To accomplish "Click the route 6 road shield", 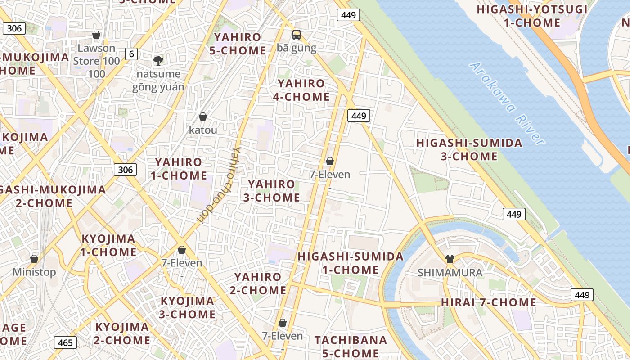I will [x=131, y=54].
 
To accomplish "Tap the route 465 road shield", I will [x=65, y=342].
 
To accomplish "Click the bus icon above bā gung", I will [x=297, y=34].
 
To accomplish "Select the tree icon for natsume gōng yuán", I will [x=158, y=60].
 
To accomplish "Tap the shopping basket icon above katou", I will [x=203, y=117].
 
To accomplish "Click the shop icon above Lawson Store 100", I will [x=96, y=35].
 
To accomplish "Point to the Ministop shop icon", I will [x=34, y=259].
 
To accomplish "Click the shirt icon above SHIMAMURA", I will [x=450, y=259].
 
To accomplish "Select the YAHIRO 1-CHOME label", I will [x=179, y=169].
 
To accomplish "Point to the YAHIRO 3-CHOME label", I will [x=272, y=191].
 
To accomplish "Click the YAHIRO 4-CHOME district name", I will [x=303, y=90].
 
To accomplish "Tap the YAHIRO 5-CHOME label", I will [x=238, y=44].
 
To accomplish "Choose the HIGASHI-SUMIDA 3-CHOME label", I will [x=469, y=150].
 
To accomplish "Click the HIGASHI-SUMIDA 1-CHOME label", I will [x=351, y=263].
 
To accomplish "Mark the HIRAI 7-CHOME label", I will [x=488, y=302].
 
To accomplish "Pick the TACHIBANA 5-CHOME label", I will [x=351, y=346].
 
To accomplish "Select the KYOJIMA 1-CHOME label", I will [x=108, y=245].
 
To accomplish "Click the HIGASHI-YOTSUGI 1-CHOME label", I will [x=532, y=16].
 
